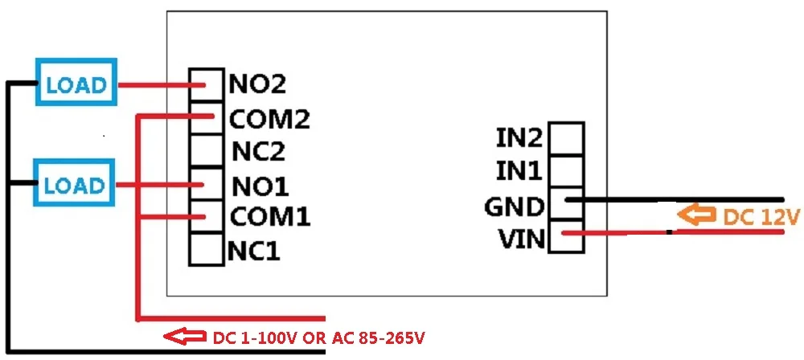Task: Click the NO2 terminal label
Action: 257,84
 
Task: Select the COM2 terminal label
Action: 269,119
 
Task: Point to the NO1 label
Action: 260,186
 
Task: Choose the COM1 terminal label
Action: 270,217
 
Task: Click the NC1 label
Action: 253,252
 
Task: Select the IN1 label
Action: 519,171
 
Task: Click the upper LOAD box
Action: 75,84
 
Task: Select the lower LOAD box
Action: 75,185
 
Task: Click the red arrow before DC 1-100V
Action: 183,336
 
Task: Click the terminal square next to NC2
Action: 206,150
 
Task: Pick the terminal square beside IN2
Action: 566,137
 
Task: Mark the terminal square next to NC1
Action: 206,250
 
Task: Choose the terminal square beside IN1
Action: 566,170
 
